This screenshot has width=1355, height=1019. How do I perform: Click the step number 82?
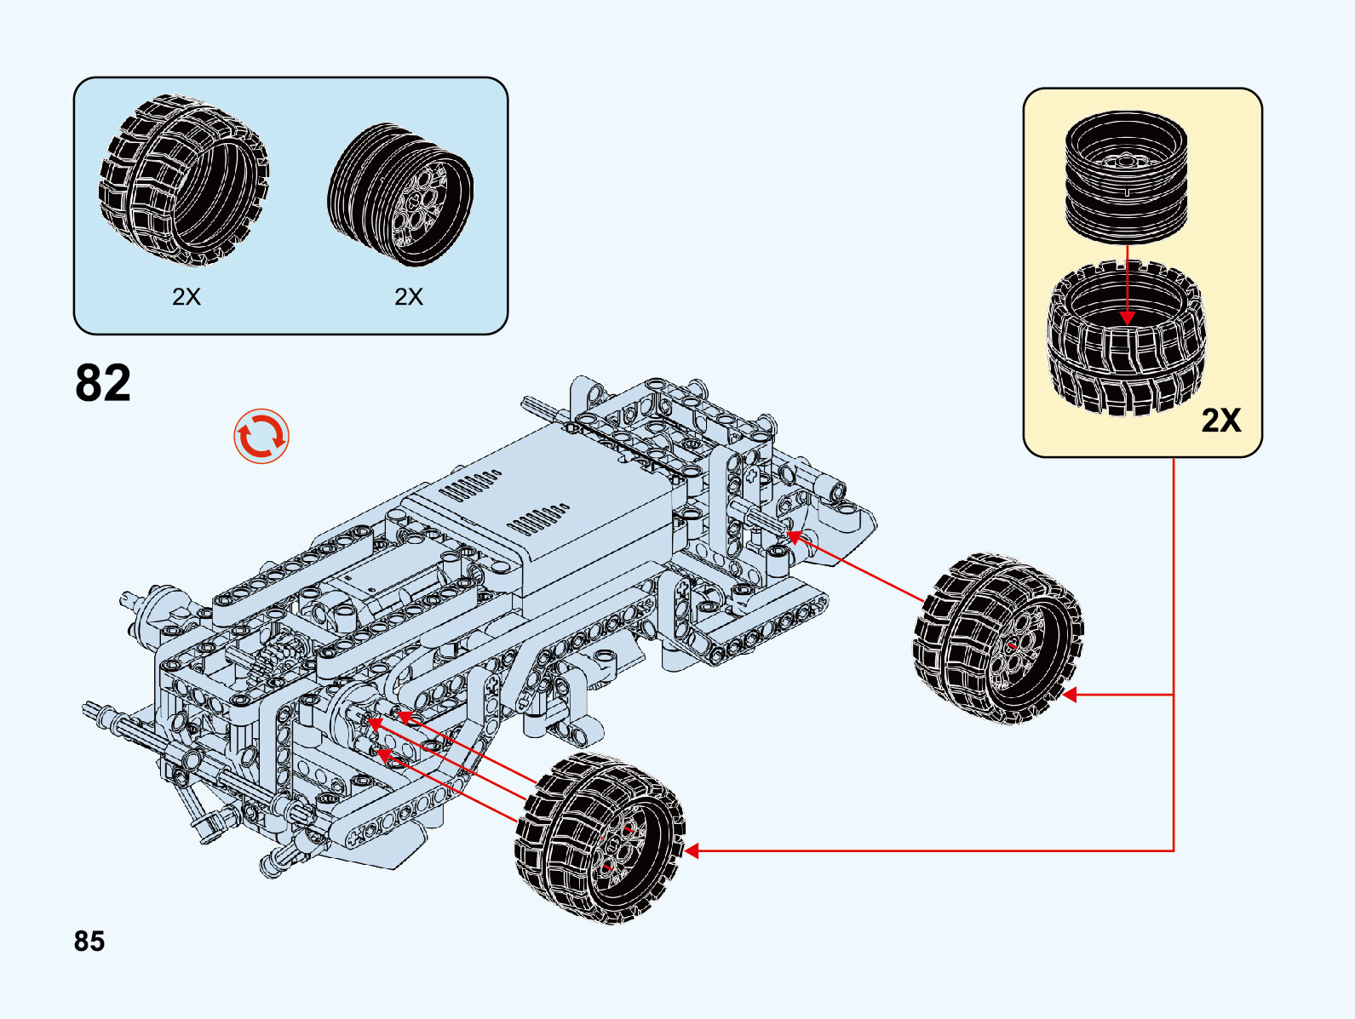click(x=103, y=383)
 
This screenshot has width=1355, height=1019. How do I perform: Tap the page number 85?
click(x=89, y=941)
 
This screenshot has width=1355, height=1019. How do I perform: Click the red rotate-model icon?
click(x=261, y=437)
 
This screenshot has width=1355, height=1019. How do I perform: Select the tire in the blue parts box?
click(x=183, y=180)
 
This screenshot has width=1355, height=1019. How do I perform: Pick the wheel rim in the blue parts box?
click(x=400, y=195)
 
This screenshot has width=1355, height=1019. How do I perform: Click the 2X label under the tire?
click(x=187, y=296)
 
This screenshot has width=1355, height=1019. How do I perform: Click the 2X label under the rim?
click(x=409, y=296)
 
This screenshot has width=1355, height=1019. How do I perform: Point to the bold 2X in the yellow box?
click(x=1221, y=421)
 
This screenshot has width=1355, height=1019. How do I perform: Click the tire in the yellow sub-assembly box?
click(x=1126, y=341)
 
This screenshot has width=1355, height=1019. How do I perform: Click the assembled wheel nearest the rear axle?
click(x=998, y=638)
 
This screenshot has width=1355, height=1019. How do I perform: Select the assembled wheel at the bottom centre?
click(x=600, y=839)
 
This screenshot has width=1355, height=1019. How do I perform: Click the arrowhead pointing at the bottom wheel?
click(x=692, y=850)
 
